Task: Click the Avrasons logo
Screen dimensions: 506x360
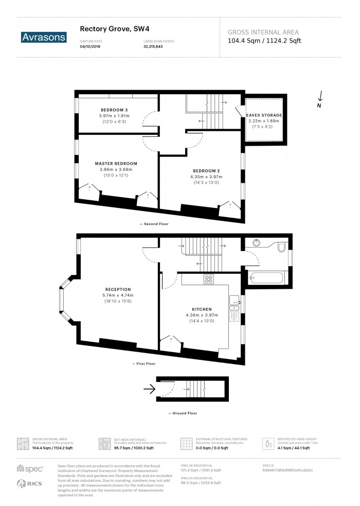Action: tap(44, 37)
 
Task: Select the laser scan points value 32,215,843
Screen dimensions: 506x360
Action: tap(156, 47)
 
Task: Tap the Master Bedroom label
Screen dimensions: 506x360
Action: tap(116, 164)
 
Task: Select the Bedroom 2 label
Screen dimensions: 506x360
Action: tap(206, 171)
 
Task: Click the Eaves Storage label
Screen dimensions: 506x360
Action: tap(264, 115)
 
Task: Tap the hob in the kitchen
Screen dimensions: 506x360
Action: tap(209, 280)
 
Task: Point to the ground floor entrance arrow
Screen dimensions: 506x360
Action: tap(149, 390)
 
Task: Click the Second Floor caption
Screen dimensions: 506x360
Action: tap(156, 224)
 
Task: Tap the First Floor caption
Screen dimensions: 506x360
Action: tap(147, 364)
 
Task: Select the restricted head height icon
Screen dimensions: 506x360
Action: tap(269, 444)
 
